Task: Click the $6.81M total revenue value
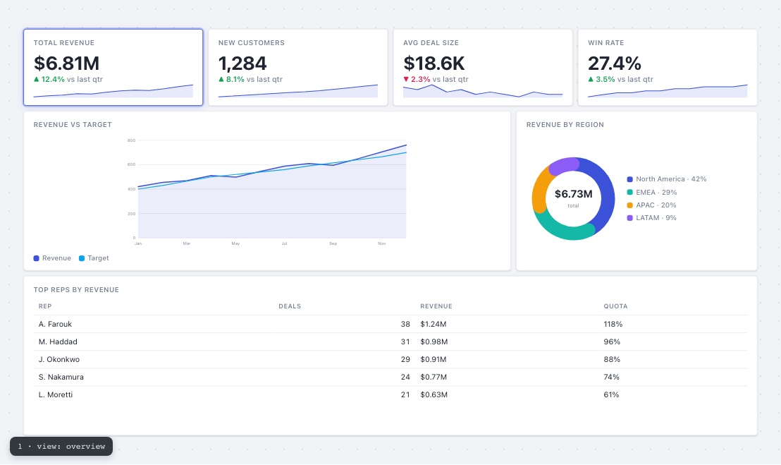tap(67, 64)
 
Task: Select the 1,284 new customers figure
tap(242, 64)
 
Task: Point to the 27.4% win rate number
tap(615, 64)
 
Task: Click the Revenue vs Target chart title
tap(73, 125)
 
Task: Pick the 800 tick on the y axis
tap(132, 140)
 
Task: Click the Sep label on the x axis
tap(333, 243)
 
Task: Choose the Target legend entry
tap(94, 258)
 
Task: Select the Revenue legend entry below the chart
tap(52, 258)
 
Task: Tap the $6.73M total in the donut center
tap(573, 194)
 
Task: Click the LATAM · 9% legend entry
tap(651, 218)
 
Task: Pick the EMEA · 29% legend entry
tap(651, 193)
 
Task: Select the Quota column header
tap(615, 306)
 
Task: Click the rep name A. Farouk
tap(55, 324)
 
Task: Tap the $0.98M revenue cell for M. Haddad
tap(433, 342)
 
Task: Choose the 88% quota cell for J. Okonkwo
tap(612, 359)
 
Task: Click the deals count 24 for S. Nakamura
tap(405, 378)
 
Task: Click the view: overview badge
tap(61, 447)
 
